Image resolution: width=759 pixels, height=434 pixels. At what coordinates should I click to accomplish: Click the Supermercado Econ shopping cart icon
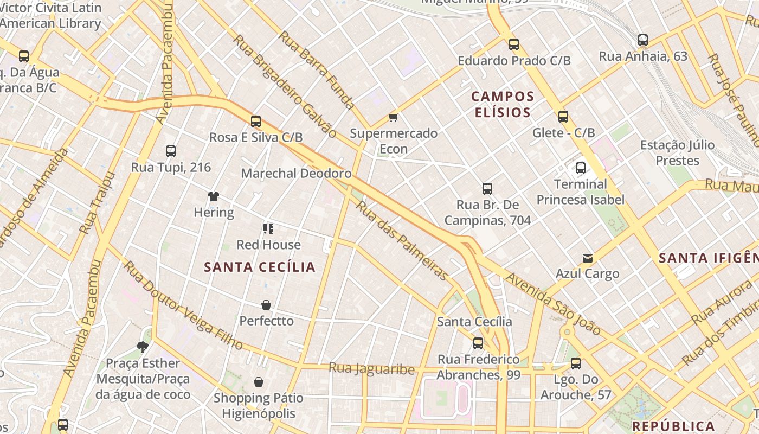394,118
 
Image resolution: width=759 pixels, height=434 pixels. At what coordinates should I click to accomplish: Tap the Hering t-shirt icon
214,196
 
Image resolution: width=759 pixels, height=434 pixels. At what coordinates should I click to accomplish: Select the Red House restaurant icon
268,229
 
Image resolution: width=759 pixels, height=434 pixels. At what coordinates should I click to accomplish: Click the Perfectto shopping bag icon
266,305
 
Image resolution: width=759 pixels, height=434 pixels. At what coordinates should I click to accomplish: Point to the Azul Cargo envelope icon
587,258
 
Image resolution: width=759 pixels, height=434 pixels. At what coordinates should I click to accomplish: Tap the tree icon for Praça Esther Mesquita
143,347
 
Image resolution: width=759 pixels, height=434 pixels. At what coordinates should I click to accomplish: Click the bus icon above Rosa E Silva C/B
256,122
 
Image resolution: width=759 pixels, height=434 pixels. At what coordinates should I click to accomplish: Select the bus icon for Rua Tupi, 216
171,151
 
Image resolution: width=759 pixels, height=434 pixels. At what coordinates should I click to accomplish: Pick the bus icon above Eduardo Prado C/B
514,44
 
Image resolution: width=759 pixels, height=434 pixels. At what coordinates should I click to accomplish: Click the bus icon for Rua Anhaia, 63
643,40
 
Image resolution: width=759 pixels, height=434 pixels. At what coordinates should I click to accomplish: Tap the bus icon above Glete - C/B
563,117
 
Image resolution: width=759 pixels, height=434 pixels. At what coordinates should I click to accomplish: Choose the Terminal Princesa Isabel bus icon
581,168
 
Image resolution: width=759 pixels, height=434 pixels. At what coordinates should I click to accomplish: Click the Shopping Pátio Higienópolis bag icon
259,382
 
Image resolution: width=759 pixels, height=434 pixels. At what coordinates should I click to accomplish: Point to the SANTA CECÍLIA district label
260,267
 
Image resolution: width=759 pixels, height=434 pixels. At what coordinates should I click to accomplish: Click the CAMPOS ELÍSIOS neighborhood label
503,104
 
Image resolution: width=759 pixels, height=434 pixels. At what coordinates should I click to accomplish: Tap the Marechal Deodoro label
296,174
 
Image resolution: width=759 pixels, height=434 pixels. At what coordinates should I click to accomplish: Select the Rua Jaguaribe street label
371,369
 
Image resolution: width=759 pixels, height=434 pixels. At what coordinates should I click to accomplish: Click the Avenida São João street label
553,304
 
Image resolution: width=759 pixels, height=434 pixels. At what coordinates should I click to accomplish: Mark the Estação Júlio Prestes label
677,152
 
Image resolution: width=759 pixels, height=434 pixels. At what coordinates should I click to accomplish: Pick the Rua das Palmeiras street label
402,240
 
